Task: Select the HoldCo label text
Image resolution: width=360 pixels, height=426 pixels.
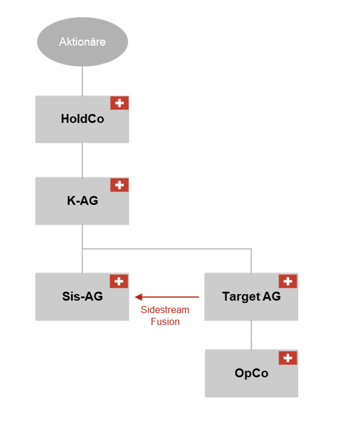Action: (x=82, y=119)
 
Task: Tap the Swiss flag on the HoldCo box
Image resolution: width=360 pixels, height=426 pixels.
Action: (x=120, y=103)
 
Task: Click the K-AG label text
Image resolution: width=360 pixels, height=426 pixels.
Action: (x=82, y=201)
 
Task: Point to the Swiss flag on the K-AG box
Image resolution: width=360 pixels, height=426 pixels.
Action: (x=120, y=184)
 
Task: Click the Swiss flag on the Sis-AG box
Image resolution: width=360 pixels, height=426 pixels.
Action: (x=119, y=281)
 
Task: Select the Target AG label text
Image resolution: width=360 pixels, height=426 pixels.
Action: (x=251, y=296)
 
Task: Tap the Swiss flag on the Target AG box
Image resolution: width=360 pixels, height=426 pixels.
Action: (x=288, y=281)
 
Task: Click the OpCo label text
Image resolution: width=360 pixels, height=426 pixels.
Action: (x=251, y=373)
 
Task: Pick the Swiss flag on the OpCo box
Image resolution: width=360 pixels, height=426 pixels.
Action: (x=288, y=358)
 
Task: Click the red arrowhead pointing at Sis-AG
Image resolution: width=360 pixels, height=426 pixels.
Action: (x=139, y=297)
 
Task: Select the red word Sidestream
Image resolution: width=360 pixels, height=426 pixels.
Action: (x=165, y=310)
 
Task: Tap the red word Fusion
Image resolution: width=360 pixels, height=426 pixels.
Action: (x=165, y=322)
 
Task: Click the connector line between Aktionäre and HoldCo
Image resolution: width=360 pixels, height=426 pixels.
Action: (x=82, y=81)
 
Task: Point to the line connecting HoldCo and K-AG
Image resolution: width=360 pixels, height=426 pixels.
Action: (x=82, y=160)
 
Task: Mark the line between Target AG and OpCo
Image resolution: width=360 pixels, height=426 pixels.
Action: (x=252, y=335)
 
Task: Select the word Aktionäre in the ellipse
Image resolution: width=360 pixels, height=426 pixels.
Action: (x=82, y=42)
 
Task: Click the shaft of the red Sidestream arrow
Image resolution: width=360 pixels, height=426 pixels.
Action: (x=171, y=297)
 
